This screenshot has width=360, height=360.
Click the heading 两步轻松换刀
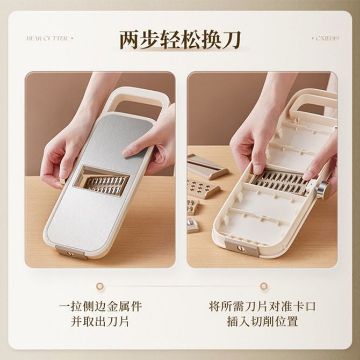click(x=180, y=40)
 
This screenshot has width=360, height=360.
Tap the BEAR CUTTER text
click(x=47, y=38)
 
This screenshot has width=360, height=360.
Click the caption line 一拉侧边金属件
click(x=100, y=306)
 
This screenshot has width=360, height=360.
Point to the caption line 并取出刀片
click(x=100, y=321)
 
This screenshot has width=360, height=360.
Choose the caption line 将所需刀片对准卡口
click(x=262, y=306)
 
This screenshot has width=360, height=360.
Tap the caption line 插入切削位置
click(x=262, y=321)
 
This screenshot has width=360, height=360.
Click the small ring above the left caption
click(x=100, y=286)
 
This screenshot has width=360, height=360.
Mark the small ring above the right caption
click(x=264, y=286)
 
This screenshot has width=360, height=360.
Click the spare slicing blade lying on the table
click(x=207, y=167)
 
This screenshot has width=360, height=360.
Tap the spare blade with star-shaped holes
click(x=202, y=189)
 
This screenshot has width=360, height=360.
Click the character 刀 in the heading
click(x=231, y=40)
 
